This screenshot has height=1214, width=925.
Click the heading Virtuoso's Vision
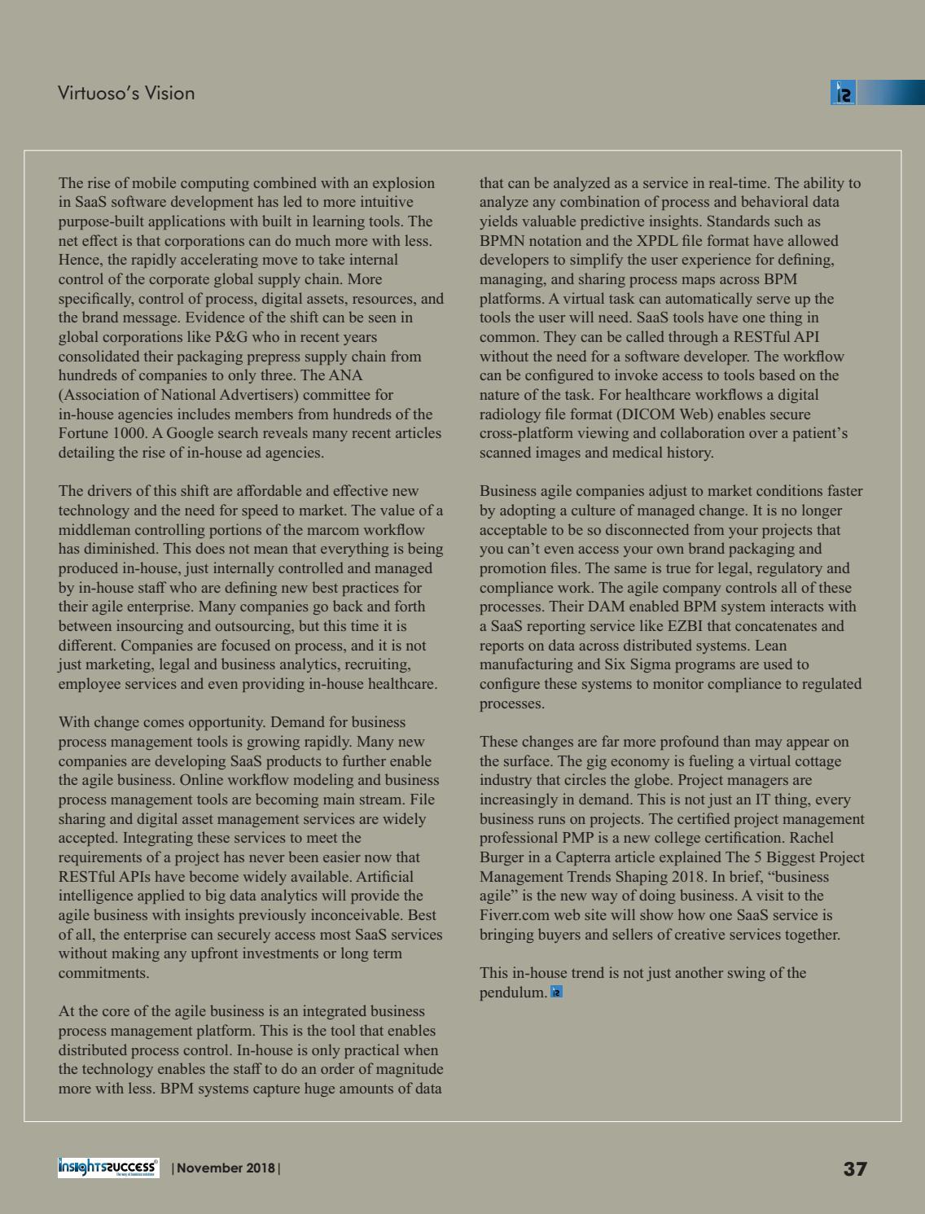pyautogui.click(x=126, y=93)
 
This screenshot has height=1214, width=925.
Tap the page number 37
pyautogui.click(x=855, y=1169)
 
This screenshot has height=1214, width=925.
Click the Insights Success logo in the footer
pyautogui.click(x=108, y=1168)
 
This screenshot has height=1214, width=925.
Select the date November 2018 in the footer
pyautogui.click(x=226, y=1168)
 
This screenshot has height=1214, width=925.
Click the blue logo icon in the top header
pyautogui.click(x=843, y=93)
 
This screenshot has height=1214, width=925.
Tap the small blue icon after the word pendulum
pyautogui.click(x=557, y=992)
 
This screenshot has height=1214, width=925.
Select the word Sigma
pyautogui.click(x=671, y=664)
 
